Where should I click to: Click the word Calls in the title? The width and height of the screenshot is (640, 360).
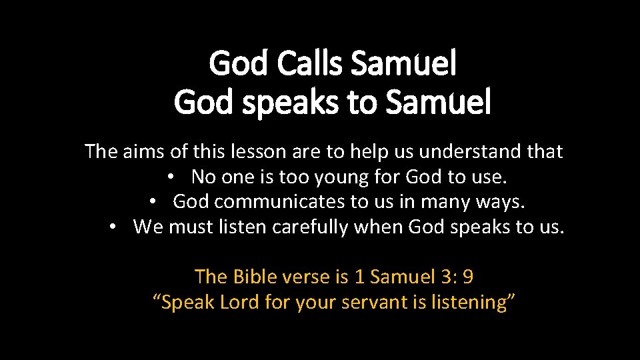pos(310,64)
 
